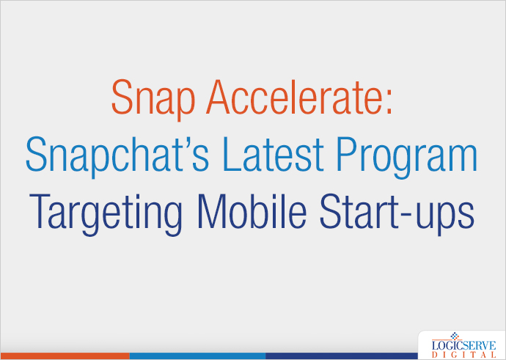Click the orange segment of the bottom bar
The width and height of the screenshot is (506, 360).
click(x=66, y=356)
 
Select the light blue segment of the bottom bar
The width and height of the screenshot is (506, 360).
click(x=198, y=356)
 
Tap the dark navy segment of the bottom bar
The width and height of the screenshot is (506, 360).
click(x=337, y=356)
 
